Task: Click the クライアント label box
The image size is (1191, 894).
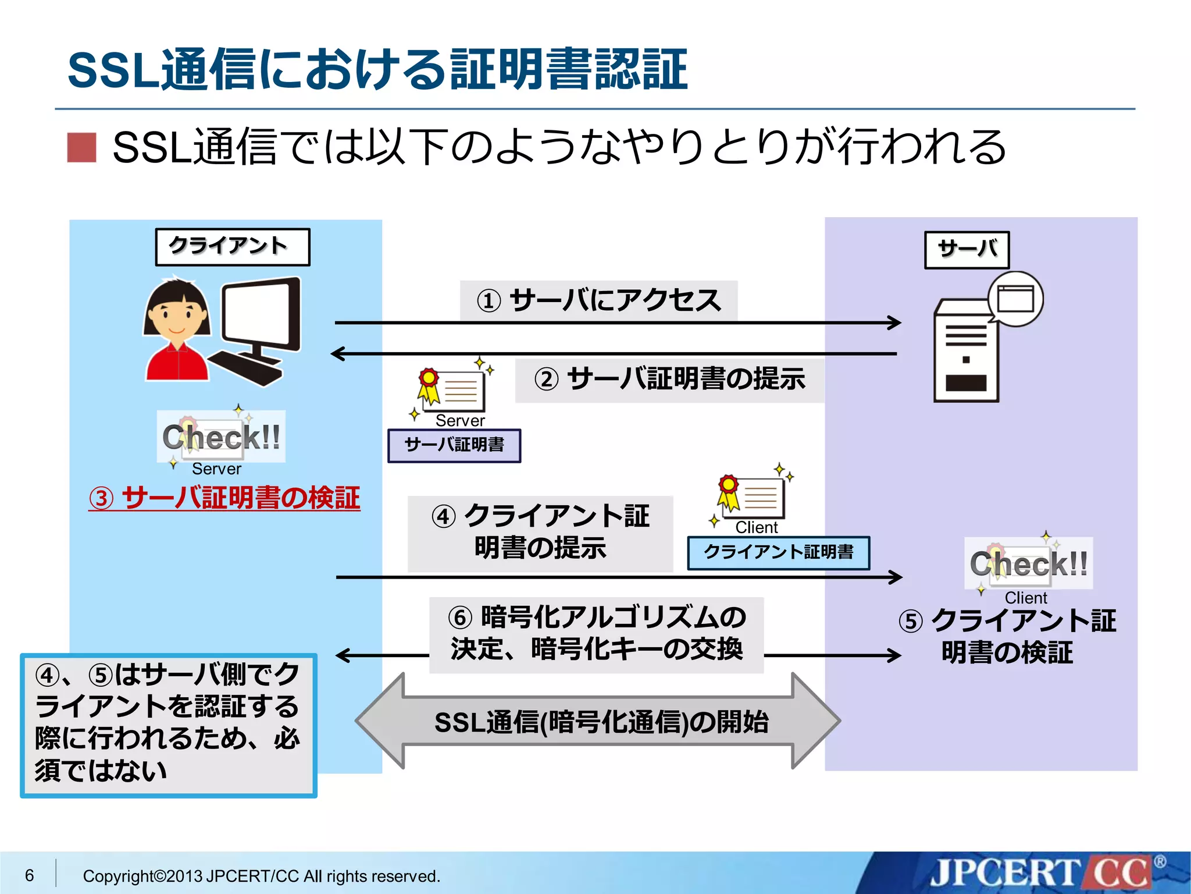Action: click(x=233, y=247)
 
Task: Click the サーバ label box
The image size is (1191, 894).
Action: click(x=967, y=250)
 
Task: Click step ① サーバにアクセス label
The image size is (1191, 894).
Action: click(x=598, y=301)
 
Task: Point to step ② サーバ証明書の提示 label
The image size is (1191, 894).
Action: click(x=669, y=380)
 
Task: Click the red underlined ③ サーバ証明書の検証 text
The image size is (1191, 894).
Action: click(x=224, y=499)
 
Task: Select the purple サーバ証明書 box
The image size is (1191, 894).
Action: click(x=454, y=446)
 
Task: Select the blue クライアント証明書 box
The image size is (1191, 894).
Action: click(x=778, y=552)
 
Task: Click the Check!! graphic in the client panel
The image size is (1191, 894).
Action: click(x=221, y=437)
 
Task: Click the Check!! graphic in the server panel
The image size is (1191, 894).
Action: click(x=1028, y=563)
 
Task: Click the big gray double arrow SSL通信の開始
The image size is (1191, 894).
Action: click(x=598, y=722)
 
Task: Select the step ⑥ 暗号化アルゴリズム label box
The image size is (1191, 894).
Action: click(x=596, y=634)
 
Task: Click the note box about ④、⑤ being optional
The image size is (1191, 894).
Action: click(x=168, y=725)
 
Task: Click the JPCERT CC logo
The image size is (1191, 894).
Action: click(x=1041, y=873)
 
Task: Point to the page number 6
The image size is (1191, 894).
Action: click(x=30, y=875)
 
